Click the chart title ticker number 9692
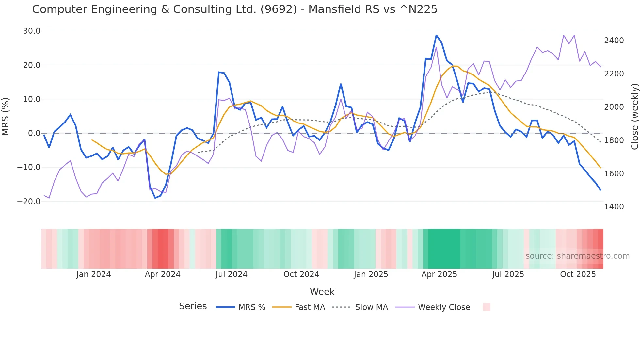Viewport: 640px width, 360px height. (279, 9)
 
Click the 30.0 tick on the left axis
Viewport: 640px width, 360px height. (32, 31)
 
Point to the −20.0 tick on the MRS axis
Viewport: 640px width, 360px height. (29, 201)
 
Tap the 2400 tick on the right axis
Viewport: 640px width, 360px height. (614, 41)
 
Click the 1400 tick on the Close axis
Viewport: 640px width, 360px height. (614, 207)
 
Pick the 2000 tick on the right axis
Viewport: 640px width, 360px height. (614, 107)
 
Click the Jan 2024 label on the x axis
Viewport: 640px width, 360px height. (94, 274)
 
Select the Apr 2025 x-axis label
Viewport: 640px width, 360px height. (439, 274)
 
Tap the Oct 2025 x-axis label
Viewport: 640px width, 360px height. (578, 274)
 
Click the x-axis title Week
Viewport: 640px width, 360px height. (322, 292)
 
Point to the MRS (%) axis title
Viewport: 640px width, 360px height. (6, 116)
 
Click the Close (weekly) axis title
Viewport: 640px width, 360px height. (634, 116)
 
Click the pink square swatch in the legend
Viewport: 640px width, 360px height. (486, 307)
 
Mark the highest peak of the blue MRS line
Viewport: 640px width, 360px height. (436, 35)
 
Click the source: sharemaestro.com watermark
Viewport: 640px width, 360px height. (577, 256)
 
